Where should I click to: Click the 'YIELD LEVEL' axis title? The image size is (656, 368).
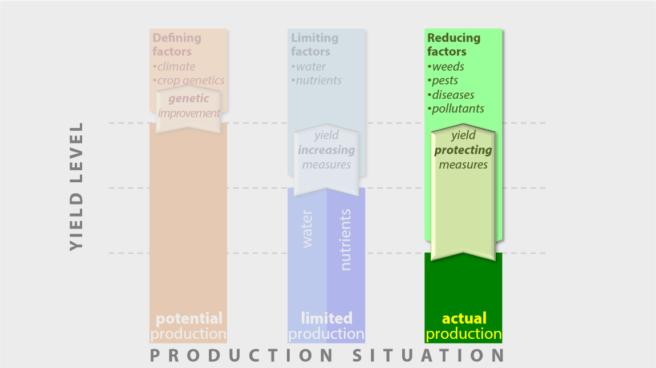pyautogui.click(x=76, y=186)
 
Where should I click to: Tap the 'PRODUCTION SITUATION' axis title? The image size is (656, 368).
pyautogui.click(x=327, y=356)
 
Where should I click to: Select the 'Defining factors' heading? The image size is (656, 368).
pyautogui.click(x=177, y=45)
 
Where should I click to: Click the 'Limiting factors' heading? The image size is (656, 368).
pyautogui.click(x=315, y=45)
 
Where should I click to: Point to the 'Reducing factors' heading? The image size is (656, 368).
pyautogui.click(x=453, y=45)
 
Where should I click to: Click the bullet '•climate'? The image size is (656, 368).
pyautogui.click(x=173, y=67)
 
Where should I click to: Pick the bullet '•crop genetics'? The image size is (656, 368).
pyautogui.click(x=188, y=81)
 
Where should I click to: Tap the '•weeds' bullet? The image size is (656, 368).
pyautogui.click(x=446, y=67)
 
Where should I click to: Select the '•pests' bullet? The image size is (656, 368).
pyautogui.click(x=443, y=81)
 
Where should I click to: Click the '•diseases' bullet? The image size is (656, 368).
pyautogui.click(x=451, y=95)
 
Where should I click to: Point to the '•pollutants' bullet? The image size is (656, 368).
pyautogui.click(x=456, y=109)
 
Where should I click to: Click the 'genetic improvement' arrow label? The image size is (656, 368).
pyautogui.click(x=189, y=106)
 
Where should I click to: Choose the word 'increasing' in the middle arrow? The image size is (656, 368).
pyautogui.click(x=326, y=150)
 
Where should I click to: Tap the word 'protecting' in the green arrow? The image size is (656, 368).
pyautogui.click(x=463, y=150)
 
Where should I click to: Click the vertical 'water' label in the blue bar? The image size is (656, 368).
pyautogui.click(x=307, y=229)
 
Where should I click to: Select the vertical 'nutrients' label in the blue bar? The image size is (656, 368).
pyautogui.click(x=345, y=240)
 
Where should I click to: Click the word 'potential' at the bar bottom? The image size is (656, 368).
pyautogui.click(x=189, y=318)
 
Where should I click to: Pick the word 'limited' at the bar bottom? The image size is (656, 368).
pyautogui.click(x=326, y=318)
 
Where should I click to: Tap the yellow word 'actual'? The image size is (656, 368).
pyautogui.click(x=464, y=318)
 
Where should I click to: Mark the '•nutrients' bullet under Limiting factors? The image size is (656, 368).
pyautogui.click(x=316, y=81)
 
